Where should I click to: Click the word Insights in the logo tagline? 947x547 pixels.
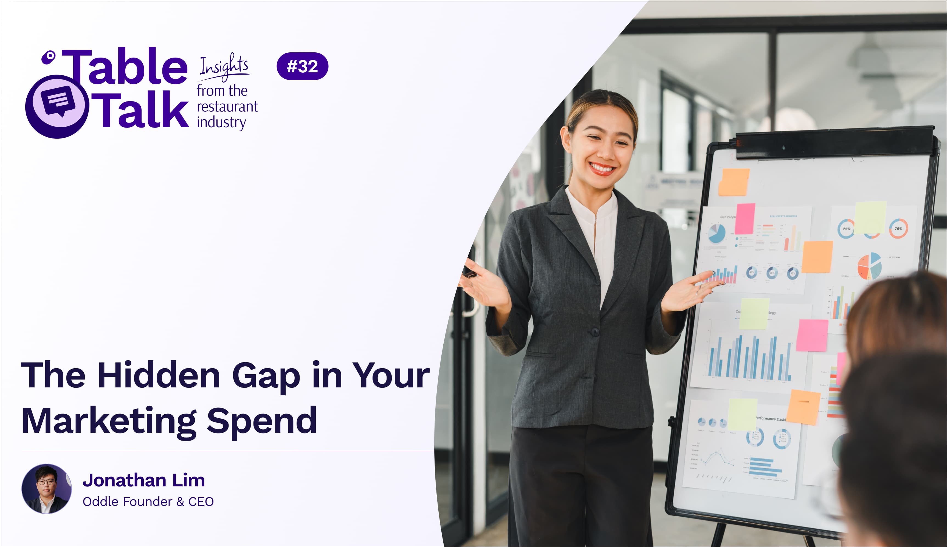click(x=224, y=67)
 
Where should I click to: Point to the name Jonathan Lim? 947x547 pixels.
click(x=143, y=480)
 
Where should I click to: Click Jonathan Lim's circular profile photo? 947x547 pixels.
click(x=47, y=488)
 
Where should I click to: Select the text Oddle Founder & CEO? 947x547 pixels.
click(x=148, y=501)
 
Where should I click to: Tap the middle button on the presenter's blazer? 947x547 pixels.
click(x=595, y=331)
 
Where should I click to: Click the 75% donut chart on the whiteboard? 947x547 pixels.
click(x=898, y=228)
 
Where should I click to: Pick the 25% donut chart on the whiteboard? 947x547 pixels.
click(x=846, y=228)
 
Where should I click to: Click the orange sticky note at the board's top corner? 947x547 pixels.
click(x=734, y=182)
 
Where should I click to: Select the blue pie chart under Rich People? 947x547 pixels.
click(x=717, y=233)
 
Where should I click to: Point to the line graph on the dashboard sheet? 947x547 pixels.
click(x=716, y=458)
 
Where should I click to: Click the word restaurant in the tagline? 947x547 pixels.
click(x=227, y=107)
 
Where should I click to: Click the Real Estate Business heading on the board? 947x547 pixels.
click(x=783, y=216)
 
